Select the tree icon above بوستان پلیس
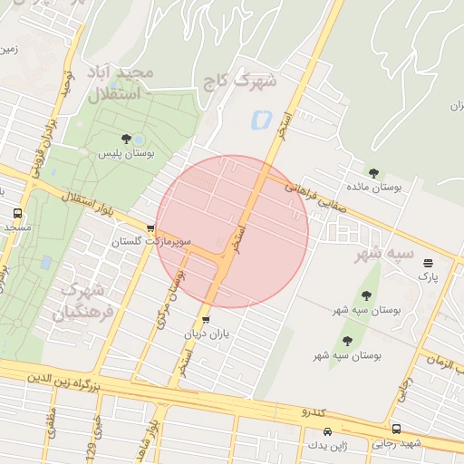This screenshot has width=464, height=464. point(126,139)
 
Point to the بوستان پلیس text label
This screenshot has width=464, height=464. point(126,154)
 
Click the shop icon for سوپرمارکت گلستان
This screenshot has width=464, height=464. point(150,227)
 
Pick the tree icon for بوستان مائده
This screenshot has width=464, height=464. point(373,172)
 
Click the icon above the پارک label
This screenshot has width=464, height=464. point(428,264)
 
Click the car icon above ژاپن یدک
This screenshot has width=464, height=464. point(328,431)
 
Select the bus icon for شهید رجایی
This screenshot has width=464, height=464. point(396,429)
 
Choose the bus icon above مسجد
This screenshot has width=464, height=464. point(17,213)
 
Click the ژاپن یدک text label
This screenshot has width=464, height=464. point(328,446)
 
